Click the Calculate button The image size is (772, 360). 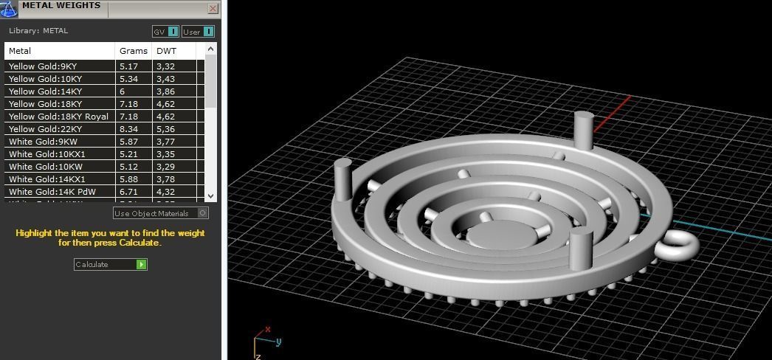[110, 264]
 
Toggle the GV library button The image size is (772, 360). [165, 32]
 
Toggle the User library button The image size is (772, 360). [199, 32]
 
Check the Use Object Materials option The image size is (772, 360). [203, 213]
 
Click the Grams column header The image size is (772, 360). [134, 51]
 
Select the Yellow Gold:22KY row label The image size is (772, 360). [45, 129]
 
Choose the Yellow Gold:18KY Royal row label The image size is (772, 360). [58, 117]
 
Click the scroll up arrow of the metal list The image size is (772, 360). [211, 49]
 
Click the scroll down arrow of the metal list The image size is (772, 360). [211, 196]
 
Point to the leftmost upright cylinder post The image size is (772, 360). [343, 177]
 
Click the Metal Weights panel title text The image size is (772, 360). [61, 6]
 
